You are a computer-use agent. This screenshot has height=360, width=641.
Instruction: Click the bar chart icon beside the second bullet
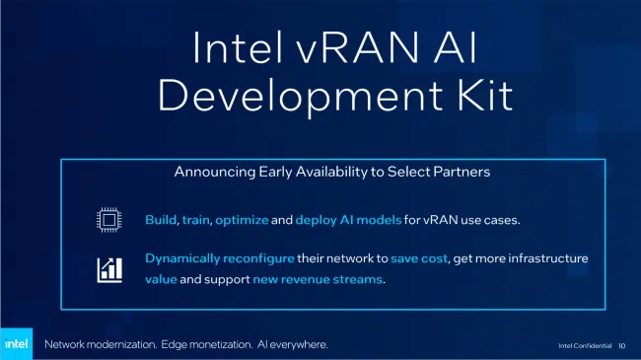coord(108,268)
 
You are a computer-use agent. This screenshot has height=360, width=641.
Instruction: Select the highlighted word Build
coord(161,219)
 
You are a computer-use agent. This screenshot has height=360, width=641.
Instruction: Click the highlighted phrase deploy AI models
coord(351,219)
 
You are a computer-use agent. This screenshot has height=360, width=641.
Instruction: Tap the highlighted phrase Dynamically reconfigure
coord(218,258)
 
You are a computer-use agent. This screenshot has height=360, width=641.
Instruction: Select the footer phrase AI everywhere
coord(291,344)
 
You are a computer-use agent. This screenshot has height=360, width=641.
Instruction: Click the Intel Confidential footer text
coord(584,346)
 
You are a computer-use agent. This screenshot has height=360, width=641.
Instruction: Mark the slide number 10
coord(622,346)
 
